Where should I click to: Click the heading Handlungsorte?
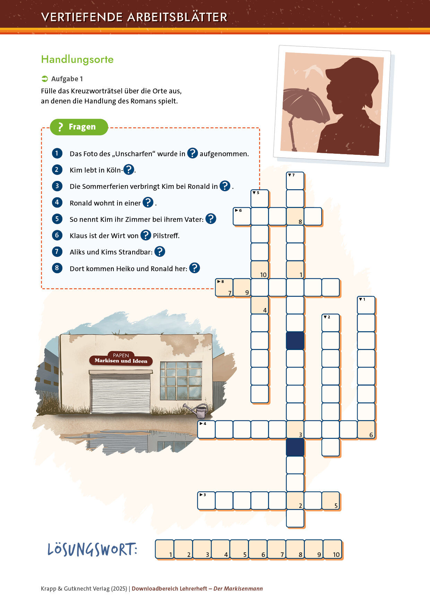[x=77, y=59]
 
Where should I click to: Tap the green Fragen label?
[x=79, y=127]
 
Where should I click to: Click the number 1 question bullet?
[x=57, y=153]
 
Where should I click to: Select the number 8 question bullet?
[x=57, y=268]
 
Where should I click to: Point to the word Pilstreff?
[x=166, y=236]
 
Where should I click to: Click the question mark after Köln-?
[x=129, y=169]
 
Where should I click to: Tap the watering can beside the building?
[x=197, y=411]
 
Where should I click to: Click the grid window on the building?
[x=181, y=381]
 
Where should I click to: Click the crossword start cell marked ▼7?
[x=295, y=181]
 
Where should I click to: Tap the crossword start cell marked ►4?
[x=206, y=429]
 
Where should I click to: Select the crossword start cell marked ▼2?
[x=330, y=323]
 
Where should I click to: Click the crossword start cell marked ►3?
[x=206, y=501]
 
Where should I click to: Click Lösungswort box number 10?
[x=333, y=549]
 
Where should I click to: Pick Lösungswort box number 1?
[x=165, y=549]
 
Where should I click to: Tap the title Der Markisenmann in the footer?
[x=238, y=589]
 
